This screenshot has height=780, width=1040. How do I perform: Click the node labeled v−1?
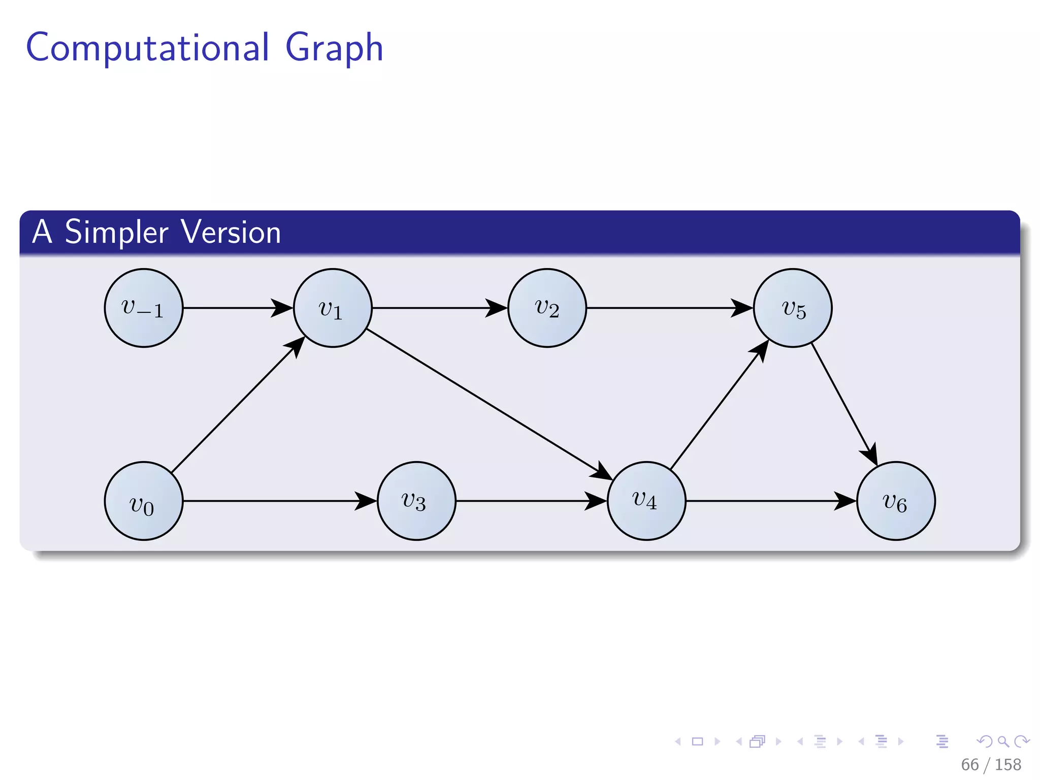tap(144, 308)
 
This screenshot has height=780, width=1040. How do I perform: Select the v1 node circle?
tap(333, 308)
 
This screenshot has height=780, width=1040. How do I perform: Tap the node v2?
tap(547, 308)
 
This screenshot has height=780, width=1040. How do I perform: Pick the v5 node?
tap(793, 308)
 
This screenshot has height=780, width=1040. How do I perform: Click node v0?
tap(144, 501)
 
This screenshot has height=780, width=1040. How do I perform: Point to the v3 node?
tap(416, 501)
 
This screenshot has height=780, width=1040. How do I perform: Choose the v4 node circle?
tap(646, 501)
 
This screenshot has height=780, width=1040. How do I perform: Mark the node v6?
tap(896, 501)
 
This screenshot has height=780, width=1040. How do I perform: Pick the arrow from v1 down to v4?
tap(487, 403)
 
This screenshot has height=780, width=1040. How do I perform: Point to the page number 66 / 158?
tap(991, 765)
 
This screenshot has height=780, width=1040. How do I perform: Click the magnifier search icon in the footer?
tap(1003, 742)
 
